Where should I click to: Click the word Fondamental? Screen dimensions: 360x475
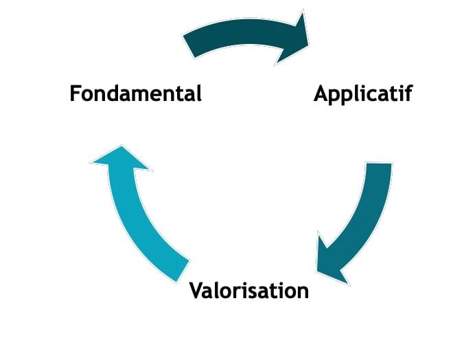pyautogui.click(x=136, y=93)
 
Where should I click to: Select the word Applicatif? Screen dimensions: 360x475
pyautogui.click(x=363, y=93)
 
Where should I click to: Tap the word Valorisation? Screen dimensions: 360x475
pyautogui.click(x=249, y=290)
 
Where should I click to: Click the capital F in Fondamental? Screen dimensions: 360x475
pyautogui.click(x=76, y=93)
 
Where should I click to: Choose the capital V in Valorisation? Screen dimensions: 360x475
pyautogui.click(x=196, y=290)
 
